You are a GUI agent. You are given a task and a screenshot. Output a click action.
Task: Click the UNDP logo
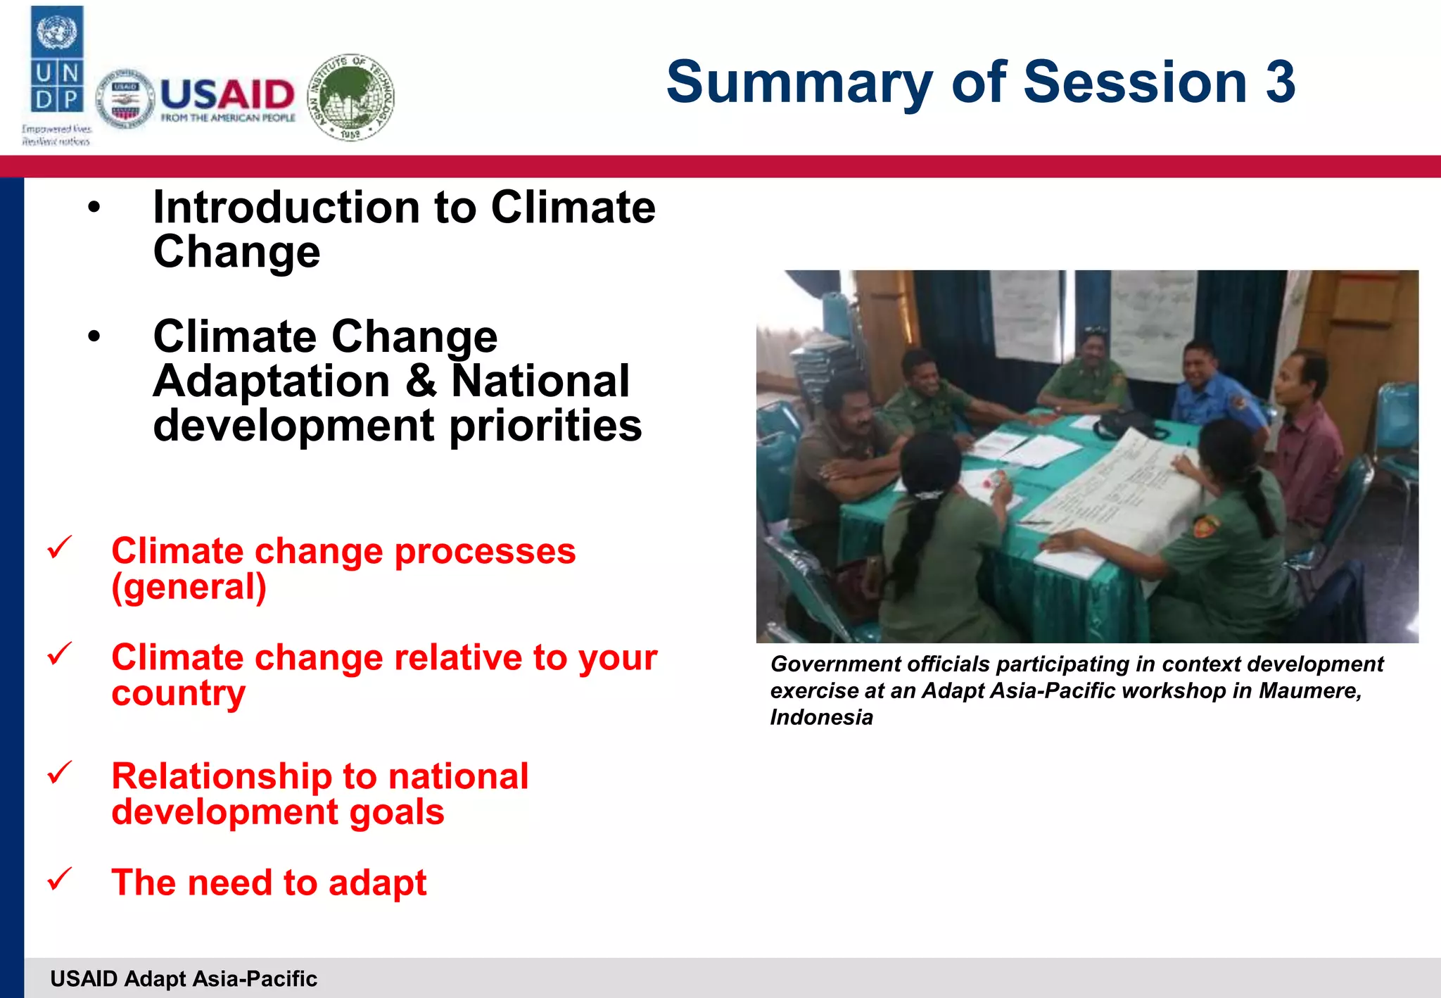tap(57, 63)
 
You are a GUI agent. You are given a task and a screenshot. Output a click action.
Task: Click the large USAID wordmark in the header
tap(227, 94)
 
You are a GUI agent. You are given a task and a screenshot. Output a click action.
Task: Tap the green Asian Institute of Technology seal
tap(351, 97)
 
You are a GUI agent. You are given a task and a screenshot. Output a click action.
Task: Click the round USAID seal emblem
tap(125, 99)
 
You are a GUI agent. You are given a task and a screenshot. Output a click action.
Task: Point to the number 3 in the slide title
tap(1279, 82)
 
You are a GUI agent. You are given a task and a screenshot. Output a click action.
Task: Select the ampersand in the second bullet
tap(421, 381)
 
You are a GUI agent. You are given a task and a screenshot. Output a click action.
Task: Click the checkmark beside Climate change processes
tap(60, 547)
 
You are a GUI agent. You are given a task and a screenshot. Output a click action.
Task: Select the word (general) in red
tap(189, 587)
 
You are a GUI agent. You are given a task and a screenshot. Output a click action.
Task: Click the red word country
tap(179, 693)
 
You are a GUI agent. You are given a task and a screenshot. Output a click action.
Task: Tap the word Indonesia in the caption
tap(821, 717)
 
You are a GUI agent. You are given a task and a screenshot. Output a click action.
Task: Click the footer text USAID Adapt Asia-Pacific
tap(184, 978)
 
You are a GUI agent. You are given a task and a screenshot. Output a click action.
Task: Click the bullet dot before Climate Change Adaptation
tap(94, 337)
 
